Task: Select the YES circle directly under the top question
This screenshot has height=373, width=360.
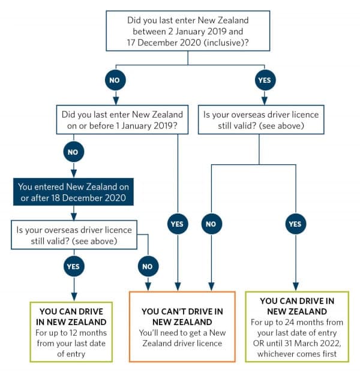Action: (x=263, y=79)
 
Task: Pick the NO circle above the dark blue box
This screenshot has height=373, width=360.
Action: (x=73, y=152)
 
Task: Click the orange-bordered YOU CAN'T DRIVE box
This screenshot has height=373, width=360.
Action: (x=182, y=326)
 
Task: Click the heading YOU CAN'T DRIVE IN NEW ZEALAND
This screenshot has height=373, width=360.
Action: (x=182, y=317)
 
